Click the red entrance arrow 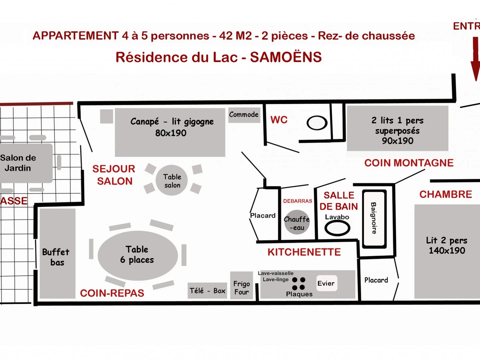point(475,60)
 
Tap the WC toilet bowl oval point(317,122)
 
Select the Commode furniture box point(244,115)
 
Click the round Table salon point(172,181)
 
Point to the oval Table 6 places point(138,255)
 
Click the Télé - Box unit point(208,291)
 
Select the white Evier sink point(326,283)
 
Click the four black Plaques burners point(298,284)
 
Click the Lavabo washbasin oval point(337,228)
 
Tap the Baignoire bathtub point(374,218)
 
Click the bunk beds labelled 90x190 point(397,128)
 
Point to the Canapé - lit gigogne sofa point(170,132)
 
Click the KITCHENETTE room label point(304,252)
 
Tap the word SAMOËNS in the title point(286,57)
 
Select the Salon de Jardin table point(20,163)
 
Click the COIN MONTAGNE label point(409,163)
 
